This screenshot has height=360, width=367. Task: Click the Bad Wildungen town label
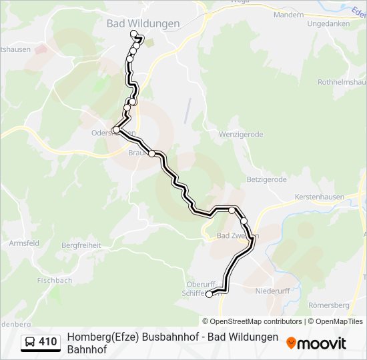click(x=143, y=23)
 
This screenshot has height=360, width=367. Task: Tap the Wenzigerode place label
click(x=241, y=134)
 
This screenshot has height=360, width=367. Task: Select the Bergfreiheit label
click(x=81, y=245)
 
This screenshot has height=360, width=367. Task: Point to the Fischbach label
click(x=55, y=281)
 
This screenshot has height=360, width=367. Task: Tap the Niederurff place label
click(x=274, y=291)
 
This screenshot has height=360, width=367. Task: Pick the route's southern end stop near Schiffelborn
click(x=209, y=294)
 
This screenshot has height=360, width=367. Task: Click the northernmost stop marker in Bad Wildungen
click(x=134, y=33)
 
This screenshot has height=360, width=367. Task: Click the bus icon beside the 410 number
click(x=30, y=343)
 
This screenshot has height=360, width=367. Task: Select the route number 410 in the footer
click(x=48, y=343)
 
